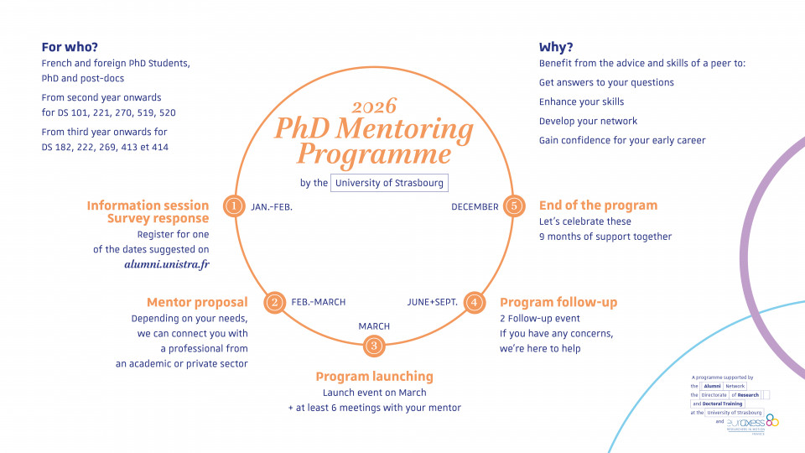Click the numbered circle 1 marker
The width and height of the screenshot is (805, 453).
(234, 206)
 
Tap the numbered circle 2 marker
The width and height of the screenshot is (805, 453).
(274, 302)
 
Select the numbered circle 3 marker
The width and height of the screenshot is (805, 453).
(374, 344)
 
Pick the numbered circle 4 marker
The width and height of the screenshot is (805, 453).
(474, 302)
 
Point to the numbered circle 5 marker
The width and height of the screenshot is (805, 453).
(514, 206)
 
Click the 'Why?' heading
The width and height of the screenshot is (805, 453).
(556, 47)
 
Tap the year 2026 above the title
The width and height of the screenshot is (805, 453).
(374, 107)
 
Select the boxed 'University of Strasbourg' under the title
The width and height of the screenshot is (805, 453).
(388, 183)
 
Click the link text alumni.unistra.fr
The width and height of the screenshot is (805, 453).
(167, 264)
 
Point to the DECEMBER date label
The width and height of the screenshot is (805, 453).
(475, 206)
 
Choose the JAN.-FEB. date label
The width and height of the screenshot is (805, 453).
(272, 206)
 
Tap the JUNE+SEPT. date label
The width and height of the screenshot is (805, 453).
(433, 302)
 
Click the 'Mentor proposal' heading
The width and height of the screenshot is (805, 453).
(197, 302)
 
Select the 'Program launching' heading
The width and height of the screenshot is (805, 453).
(374, 377)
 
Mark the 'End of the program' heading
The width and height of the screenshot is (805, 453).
(598, 206)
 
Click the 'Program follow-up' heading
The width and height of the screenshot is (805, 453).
(558, 302)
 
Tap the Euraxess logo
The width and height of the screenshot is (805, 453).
(752, 422)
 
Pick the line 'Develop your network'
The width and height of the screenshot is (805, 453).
(588, 121)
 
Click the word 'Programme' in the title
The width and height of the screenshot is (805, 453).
(374, 154)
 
